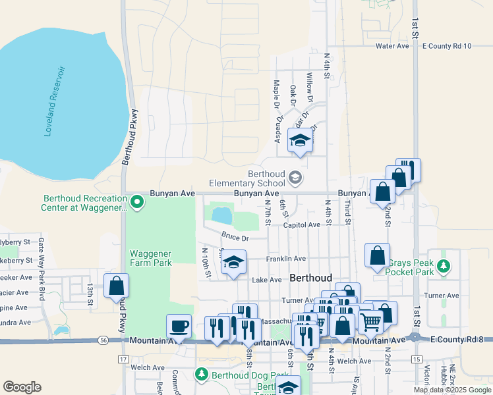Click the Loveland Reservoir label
coord(55,101)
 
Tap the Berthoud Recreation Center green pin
coord(137,201)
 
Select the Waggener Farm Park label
coord(150,257)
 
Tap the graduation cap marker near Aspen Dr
coord(300,140)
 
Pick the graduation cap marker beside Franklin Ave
coord(233,262)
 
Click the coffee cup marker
coord(179,325)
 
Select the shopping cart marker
coord(371,321)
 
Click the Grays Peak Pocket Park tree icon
coord(445,265)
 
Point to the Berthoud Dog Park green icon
coord(202,375)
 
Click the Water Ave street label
coord(392,46)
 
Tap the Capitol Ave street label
coord(301,224)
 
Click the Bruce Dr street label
coord(235,237)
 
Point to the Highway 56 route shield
coord(105,340)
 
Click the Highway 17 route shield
coord(123,359)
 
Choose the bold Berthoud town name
coord(311,278)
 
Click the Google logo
coord(22,386)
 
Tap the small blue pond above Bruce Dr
coord(221,215)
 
